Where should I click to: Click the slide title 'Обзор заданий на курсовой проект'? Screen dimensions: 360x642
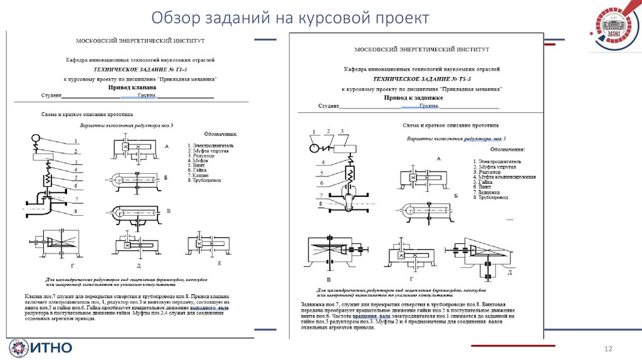pos(290,18)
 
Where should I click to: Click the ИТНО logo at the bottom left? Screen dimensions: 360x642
pos(41,347)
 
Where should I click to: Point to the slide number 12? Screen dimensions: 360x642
pos(607,347)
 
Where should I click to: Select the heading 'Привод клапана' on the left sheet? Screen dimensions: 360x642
pos(133,88)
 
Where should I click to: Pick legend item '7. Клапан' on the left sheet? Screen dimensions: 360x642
pos(200,176)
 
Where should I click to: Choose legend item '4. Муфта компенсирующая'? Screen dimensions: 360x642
pos(504,177)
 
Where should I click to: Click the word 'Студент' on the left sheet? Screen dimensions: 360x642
pos(50,96)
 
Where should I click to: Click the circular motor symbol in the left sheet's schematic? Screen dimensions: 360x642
pos(35,137)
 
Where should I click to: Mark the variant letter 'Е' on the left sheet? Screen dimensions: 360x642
pos(219,263)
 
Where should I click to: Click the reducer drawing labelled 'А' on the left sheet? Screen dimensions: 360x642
pos(135,148)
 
